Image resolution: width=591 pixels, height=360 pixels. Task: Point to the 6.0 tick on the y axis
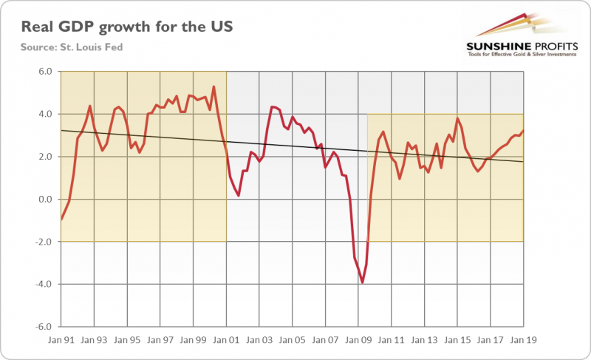click(45, 72)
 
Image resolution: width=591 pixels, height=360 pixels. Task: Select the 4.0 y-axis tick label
click(45, 115)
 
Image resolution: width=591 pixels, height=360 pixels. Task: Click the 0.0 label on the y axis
click(45, 200)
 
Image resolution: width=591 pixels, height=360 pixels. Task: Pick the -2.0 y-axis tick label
click(44, 242)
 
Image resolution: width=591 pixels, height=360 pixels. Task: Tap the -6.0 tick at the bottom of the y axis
click(44, 327)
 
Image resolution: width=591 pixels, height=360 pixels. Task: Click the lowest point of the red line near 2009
click(362, 282)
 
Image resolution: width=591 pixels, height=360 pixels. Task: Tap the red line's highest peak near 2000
click(213, 86)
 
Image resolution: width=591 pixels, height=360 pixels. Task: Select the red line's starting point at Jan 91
click(61, 220)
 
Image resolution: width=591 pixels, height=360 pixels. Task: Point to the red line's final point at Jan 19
click(523, 131)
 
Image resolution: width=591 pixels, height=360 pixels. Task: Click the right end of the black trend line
click(523, 161)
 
